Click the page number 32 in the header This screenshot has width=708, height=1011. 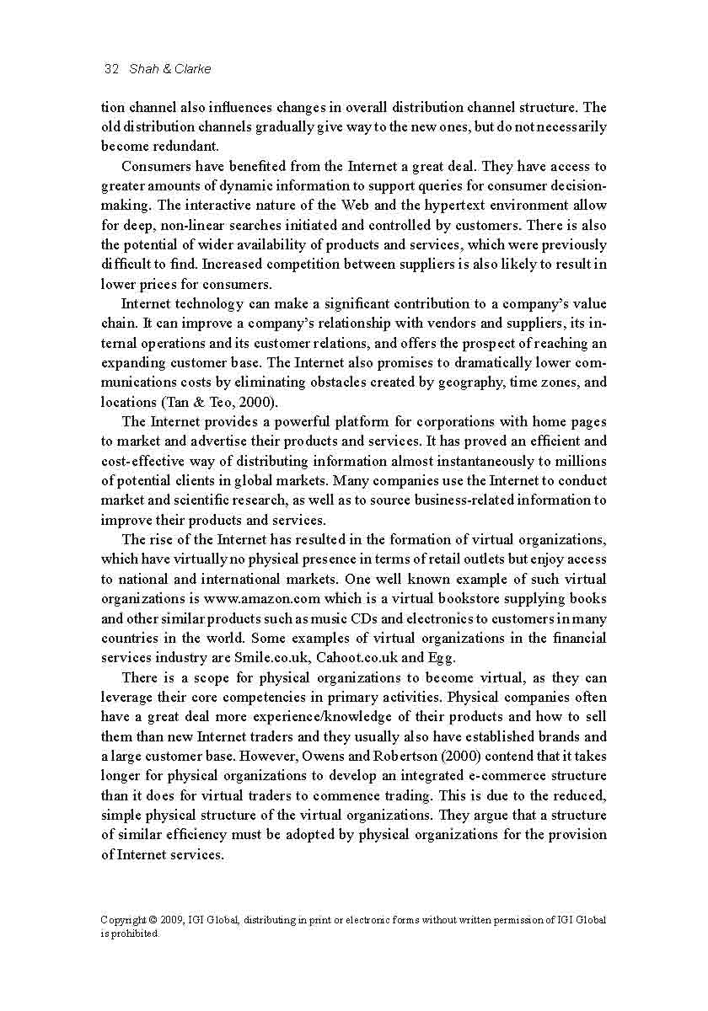[110, 69]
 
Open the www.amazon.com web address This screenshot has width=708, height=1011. [261, 599]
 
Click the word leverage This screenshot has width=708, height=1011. [128, 698]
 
